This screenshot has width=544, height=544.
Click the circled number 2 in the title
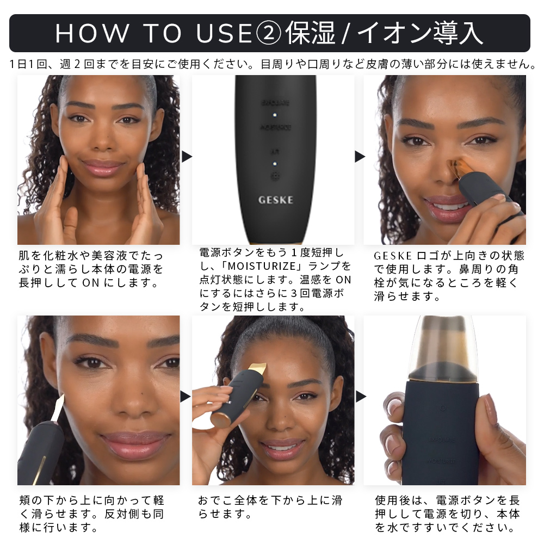click(x=268, y=33)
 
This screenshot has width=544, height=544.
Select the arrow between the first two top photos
click(x=187, y=157)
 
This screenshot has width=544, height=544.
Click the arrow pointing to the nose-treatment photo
click(x=360, y=157)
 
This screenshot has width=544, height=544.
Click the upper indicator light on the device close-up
click(x=275, y=115)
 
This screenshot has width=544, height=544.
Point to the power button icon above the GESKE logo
click(x=275, y=177)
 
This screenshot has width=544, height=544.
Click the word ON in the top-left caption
click(x=89, y=282)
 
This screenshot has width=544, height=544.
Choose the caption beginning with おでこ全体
click(x=270, y=506)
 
